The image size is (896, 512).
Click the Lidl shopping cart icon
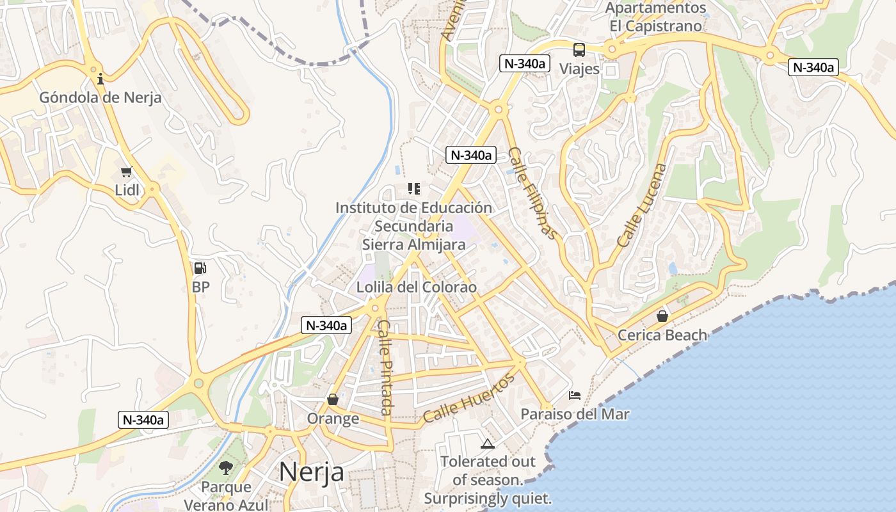[x=127, y=172]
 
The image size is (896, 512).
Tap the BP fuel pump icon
[x=200, y=268]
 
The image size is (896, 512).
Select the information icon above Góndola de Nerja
[x=100, y=79]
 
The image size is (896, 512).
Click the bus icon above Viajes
[x=579, y=49]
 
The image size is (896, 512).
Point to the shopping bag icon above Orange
[x=333, y=399]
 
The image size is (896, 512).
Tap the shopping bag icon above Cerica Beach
[x=662, y=316]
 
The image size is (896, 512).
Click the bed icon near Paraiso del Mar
[x=575, y=396]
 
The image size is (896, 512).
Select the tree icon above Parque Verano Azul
[x=225, y=468]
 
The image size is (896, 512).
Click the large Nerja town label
[x=312, y=472]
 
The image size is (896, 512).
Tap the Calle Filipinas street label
[x=532, y=193]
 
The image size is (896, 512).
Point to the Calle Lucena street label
[x=642, y=205]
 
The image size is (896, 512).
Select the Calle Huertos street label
[x=469, y=399]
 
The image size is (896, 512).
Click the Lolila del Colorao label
[x=417, y=287]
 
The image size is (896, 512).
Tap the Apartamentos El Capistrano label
[x=656, y=17]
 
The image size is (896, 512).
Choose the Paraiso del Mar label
[x=575, y=414]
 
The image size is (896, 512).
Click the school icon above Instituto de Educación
[x=414, y=189]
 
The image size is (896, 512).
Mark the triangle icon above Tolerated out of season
[x=488, y=444]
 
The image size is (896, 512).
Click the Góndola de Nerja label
[x=100, y=98]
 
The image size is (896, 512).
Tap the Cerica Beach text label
[x=662, y=335]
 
